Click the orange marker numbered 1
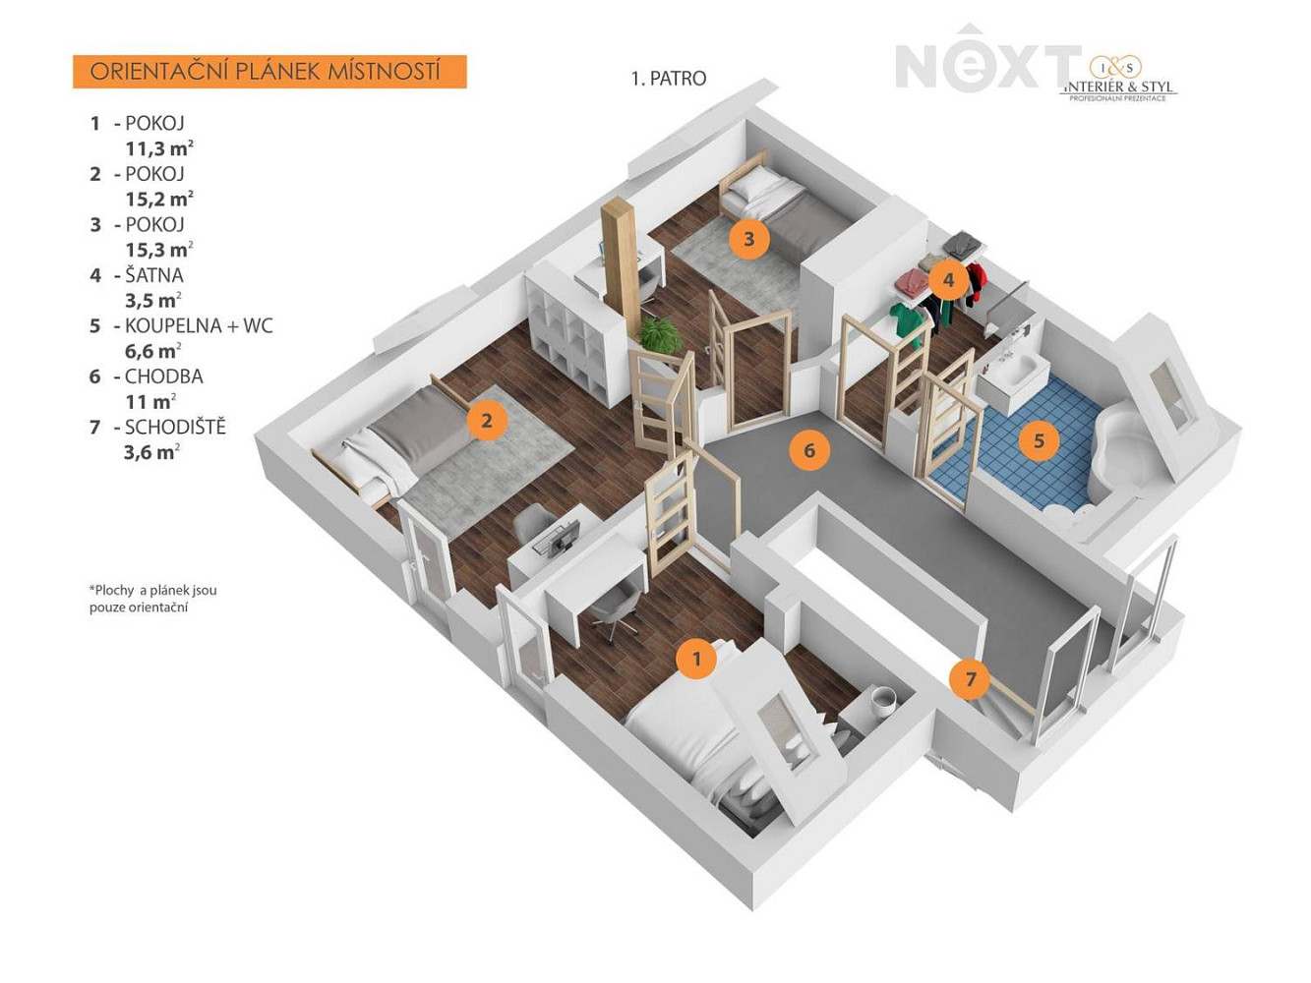[x=696, y=659]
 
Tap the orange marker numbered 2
[x=487, y=420]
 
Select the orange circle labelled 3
[x=749, y=239]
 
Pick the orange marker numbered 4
[x=948, y=279]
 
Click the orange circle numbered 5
[x=1040, y=440]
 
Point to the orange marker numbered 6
[x=809, y=449]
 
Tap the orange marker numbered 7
[x=971, y=678]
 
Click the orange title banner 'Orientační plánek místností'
[x=269, y=72]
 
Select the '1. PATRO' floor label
[x=669, y=79]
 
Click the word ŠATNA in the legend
[x=154, y=275]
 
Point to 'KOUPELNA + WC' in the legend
[x=199, y=326]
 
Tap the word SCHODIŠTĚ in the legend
[x=176, y=428]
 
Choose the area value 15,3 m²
[x=159, y=249]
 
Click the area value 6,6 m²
[x=152, y=350]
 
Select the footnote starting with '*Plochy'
[x=152, y=599]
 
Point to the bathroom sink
[x=1014, y=369]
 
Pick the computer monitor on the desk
[x=563, y=536]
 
